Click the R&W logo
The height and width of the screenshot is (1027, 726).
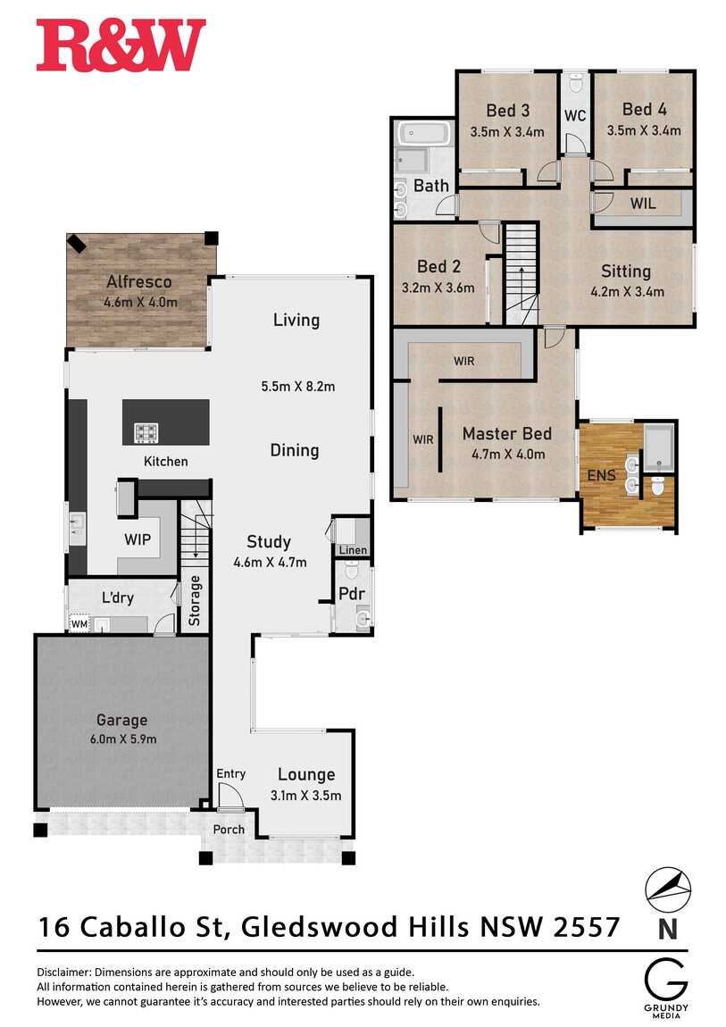[121, 46]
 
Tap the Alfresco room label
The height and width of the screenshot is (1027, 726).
[139, 282]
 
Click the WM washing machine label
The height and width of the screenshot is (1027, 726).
[79, 624]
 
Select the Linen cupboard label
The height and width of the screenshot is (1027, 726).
[353, 550]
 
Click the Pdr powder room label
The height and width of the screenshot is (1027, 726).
[349, 592]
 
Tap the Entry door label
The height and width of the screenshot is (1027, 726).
[230, 772]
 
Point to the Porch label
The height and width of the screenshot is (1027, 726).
[229, 830]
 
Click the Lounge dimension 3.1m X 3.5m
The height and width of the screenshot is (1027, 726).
[305, 795]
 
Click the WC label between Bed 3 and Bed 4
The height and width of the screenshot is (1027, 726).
[574, 116]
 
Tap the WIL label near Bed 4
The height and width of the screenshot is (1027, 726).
[642, 204]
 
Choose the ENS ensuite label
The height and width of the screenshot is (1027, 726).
[600, 475]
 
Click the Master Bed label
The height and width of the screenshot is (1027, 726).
[506, 434]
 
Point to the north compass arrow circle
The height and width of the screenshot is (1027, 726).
[668, 889]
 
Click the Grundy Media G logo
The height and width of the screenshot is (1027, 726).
[667, 979]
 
